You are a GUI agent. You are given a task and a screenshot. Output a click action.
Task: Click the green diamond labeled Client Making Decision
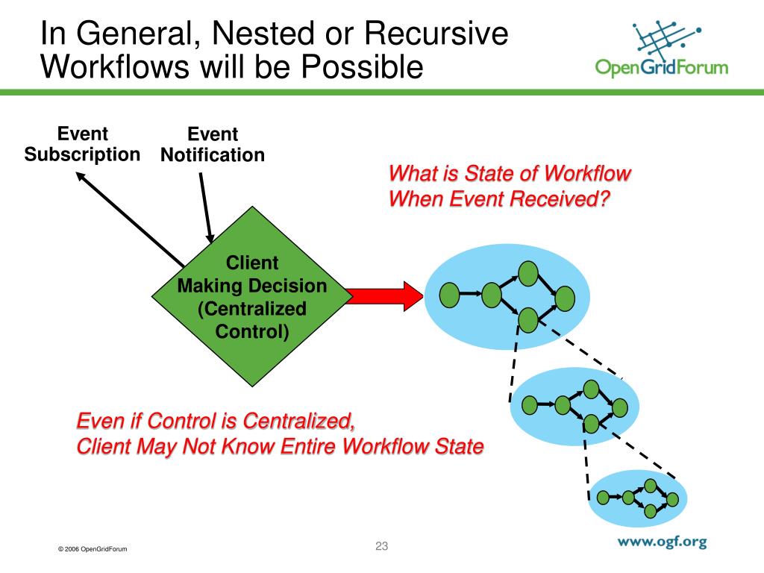pos(252,296)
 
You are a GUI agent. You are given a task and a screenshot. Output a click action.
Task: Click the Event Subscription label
pos(83,145)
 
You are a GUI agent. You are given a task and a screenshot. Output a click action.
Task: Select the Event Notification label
pos(213,145)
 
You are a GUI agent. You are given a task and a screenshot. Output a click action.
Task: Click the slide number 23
pos(382,546)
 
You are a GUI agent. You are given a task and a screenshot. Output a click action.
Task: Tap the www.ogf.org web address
pos(662,542)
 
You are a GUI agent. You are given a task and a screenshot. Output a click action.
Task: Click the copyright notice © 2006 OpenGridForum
pos(93,549)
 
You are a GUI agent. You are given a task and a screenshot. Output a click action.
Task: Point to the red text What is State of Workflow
pos(510,175)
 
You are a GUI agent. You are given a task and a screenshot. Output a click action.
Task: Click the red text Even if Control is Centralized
pos(216,421)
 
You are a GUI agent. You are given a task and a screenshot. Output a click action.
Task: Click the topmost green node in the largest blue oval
pos(528,273)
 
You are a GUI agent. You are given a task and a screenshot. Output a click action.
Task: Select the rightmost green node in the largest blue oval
pos(565,298)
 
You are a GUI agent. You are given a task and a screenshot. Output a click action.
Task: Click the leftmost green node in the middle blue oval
pos(530,405)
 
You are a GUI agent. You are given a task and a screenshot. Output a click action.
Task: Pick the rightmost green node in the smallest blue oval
pos(673,499)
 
